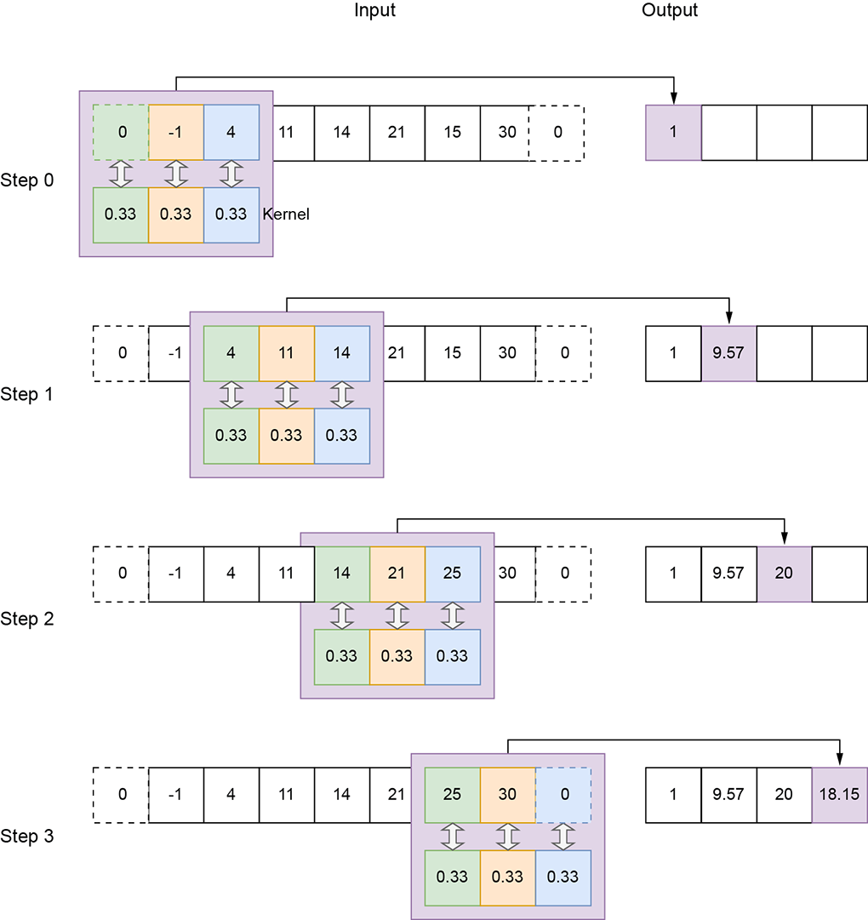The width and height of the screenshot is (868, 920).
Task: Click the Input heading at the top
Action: coord(375,11)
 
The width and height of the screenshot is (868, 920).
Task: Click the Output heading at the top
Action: coord(670,11)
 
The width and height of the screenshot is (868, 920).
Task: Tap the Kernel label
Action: coord(286,214)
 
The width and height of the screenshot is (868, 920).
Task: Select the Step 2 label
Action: coord(27,619)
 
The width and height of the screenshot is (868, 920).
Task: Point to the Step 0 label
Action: coord(27,180)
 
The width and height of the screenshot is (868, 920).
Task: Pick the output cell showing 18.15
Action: coord(840,794)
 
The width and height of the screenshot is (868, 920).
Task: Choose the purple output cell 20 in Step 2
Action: coord(785,574)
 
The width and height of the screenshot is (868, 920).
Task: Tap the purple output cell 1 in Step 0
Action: coord(674,133)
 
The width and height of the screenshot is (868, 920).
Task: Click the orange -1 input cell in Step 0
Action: coord(176,133)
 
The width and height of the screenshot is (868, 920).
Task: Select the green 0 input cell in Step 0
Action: coord(121,133)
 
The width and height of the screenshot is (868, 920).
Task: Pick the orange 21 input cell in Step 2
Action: coord(397,574)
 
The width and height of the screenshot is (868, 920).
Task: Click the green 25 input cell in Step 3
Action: coord(453,794)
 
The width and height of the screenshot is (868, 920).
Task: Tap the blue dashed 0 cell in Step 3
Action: coord(563,794)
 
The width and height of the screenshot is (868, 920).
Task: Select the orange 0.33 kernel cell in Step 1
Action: coord(287,436)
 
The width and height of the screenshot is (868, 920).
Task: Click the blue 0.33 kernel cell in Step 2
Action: coord(453,656)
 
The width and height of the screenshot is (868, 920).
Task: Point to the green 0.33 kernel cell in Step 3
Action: coord(453,877)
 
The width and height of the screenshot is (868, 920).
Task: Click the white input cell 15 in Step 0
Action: coord(453,133)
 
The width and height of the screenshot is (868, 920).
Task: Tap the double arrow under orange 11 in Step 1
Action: coord(287,394)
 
